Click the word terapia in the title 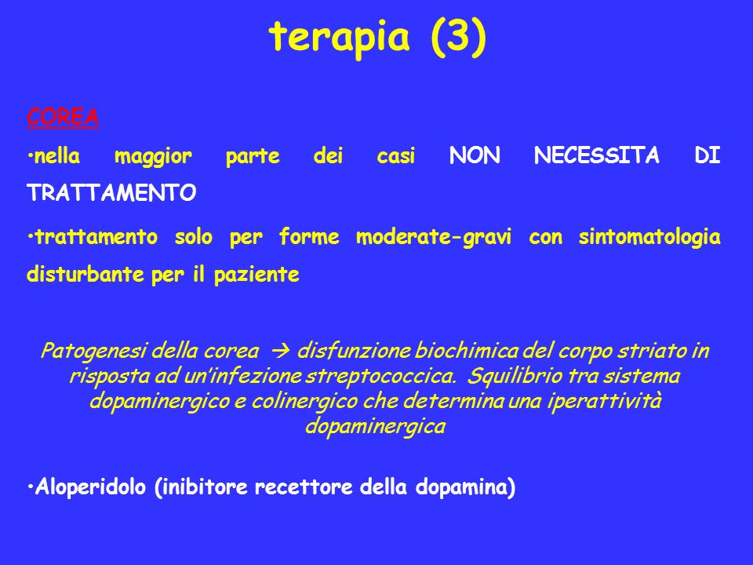339,38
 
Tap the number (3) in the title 459,38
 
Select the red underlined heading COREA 63,117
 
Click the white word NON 475,155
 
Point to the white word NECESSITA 596,155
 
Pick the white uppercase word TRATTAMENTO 111,193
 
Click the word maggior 153,157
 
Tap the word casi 395,155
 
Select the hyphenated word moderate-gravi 434,237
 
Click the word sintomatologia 649,237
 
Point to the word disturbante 85,275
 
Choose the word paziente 256,275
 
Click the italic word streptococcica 381,376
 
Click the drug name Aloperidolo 89,487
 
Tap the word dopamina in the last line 461,487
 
